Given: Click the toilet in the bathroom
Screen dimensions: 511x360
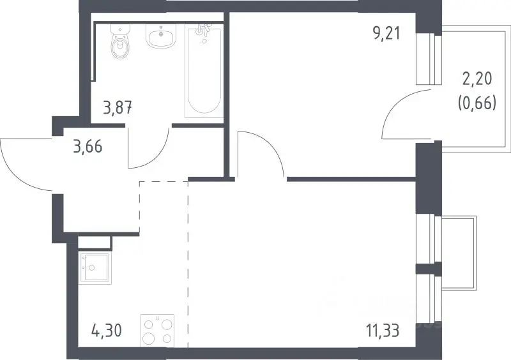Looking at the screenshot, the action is tap(119, 41).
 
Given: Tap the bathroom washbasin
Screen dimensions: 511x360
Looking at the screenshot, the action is tap(161, 36).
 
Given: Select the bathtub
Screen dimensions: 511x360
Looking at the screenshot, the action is tap(204, 71).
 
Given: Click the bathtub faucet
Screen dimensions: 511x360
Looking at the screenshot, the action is tap(202, 30).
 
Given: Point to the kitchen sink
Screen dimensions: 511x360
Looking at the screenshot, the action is tap(95, 268).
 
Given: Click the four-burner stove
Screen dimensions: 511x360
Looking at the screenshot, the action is tap(157, 331).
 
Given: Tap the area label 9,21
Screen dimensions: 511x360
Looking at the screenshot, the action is tap(386, 33).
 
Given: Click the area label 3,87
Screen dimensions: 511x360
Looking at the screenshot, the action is tap(118, 108).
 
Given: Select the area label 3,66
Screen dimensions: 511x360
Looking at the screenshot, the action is tap(88, 146).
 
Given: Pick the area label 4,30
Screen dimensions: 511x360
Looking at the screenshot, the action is tap(107, 331).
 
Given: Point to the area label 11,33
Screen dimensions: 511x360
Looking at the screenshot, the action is tap(383, 331).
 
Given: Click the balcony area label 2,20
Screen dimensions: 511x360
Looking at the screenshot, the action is tap(477, 79).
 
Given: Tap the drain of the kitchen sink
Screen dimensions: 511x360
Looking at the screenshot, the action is tap(92, 268).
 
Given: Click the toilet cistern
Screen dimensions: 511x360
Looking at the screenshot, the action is tap(119, 29).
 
